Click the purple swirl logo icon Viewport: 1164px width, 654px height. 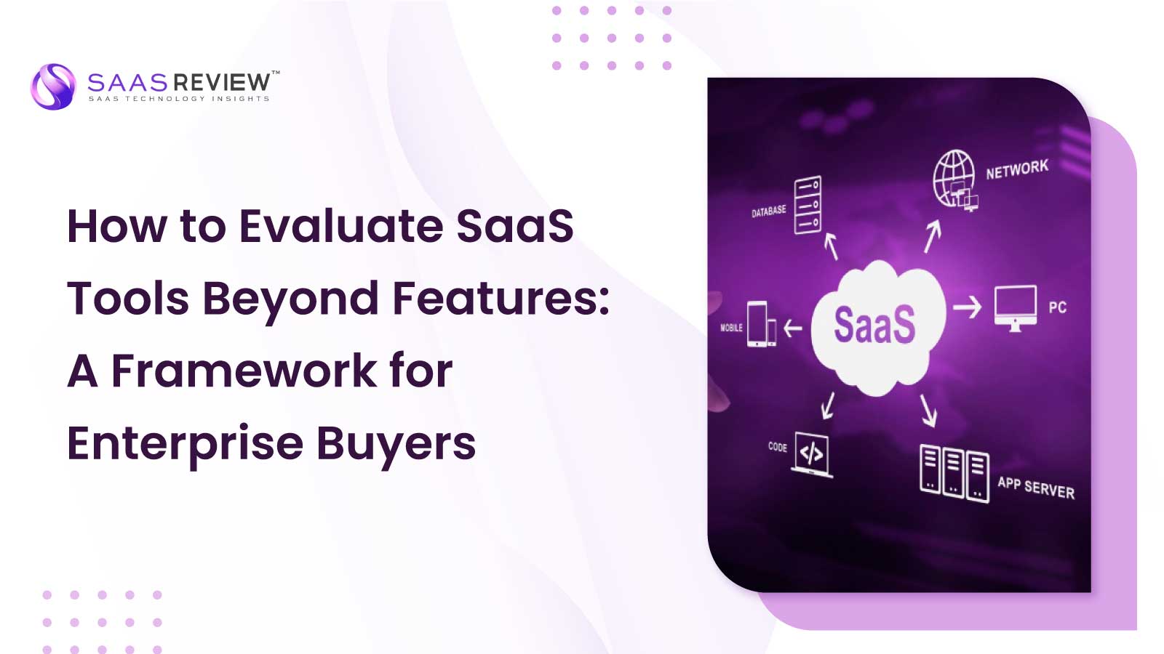point(52,86)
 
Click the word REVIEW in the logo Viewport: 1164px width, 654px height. point(222,82)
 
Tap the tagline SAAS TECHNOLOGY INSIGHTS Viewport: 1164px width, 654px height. point(179,99)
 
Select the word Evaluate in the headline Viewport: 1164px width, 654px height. point(341,226)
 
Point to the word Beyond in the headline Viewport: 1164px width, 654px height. point(290,299)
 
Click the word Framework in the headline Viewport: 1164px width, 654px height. point(244,371)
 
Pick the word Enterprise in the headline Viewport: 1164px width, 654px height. point(185,444)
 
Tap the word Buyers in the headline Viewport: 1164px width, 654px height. point(396,444)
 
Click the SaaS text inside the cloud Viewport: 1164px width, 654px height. point(874,325)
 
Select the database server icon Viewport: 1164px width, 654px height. point(808,205)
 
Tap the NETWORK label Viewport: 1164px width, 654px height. point(1017,169)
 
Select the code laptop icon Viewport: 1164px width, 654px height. point(812,455)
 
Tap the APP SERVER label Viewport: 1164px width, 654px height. point(1036,488)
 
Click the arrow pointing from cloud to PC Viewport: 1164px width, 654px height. point(967,307)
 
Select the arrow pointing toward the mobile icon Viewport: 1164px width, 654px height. point(793,328)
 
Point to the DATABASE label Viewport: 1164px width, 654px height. point(768,211)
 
